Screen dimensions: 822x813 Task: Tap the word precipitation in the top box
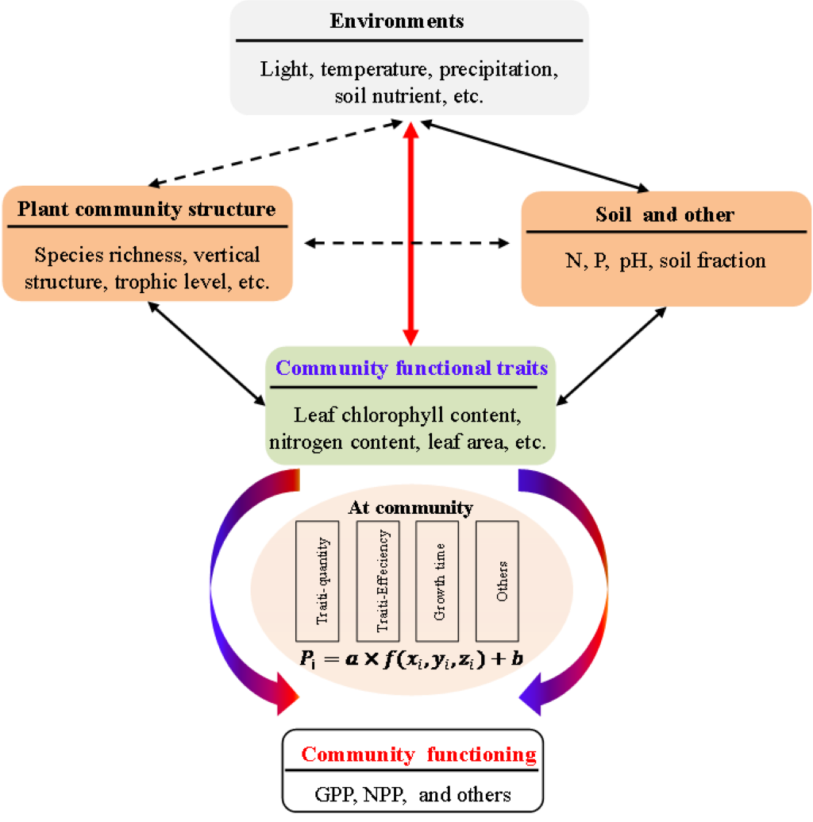(x=499, y=69)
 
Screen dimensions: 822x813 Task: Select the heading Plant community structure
(x=147, y=210)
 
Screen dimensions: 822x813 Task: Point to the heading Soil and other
(x=665, y=214)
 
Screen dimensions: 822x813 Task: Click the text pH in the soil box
(x=634, y=260)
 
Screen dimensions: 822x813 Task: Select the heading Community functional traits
(x=411, y=369)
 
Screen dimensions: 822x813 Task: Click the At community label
(x=410, y=507)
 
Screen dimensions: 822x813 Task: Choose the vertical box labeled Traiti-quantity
(x=318, y=581)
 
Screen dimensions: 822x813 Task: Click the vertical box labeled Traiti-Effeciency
(x=378, y=581)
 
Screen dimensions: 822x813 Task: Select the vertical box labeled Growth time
(x=437, y=581)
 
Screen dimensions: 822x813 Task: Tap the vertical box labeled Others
(x=497, y=581)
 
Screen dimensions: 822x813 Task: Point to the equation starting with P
(x=410, y=658)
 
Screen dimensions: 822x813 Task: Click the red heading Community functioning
(x=418, y=754)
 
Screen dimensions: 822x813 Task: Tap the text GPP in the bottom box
(x=333, y=794)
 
